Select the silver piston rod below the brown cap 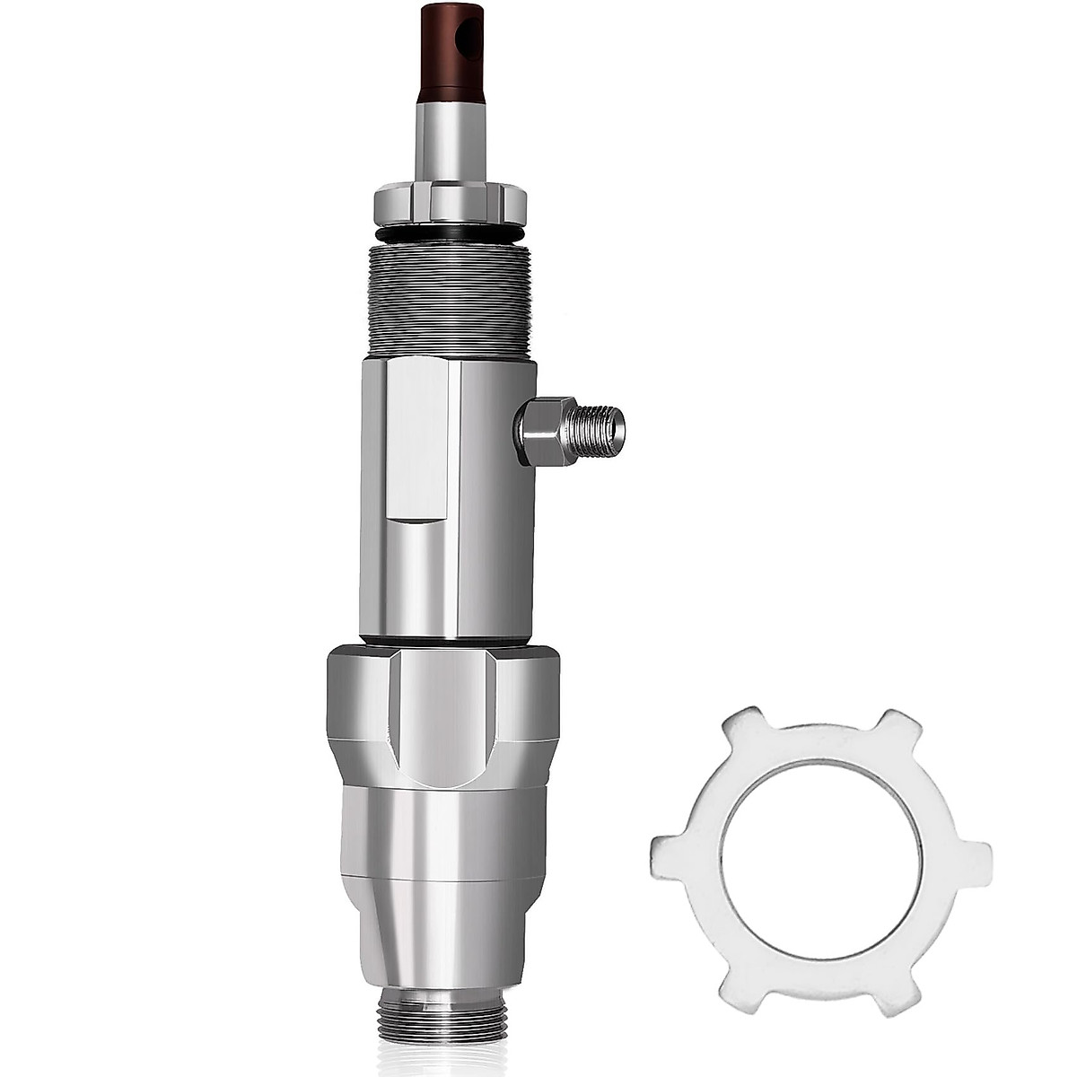point(446,144)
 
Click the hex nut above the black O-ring point(447,202)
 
